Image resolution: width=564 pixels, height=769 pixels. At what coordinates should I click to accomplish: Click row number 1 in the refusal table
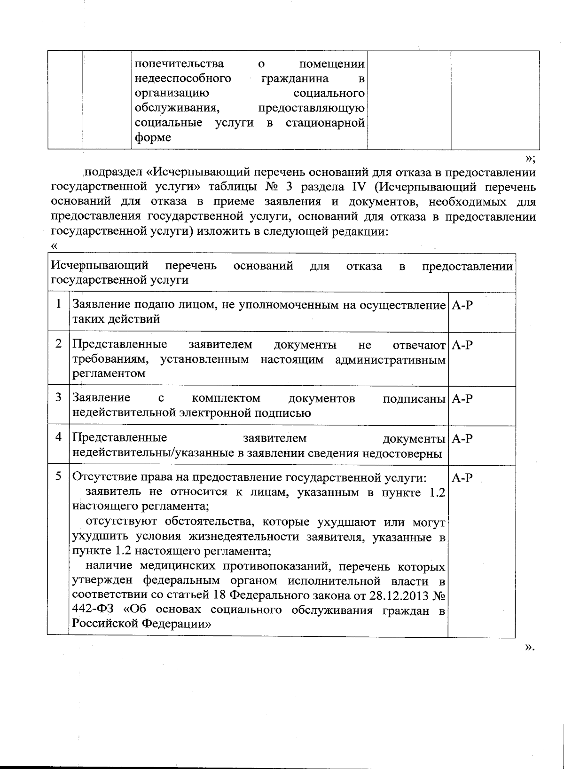point(58,304)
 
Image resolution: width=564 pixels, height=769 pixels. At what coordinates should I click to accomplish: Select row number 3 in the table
point(58,397)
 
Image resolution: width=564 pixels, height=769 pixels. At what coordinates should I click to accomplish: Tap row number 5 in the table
point(58,476)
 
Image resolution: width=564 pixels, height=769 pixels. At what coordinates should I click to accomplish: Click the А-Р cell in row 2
point(462,345)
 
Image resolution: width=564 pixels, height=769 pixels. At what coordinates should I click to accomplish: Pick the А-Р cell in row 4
point(462,438)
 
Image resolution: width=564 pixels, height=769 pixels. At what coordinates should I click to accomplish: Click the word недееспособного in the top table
point(183,78)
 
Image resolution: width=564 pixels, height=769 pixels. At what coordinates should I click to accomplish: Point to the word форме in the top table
point(153,137)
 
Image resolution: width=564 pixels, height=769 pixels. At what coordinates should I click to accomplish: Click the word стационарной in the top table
point(325,123)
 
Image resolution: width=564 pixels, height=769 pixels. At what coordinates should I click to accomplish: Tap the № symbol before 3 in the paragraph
point(273,187)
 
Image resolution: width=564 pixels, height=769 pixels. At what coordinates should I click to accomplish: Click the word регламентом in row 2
point(109,373)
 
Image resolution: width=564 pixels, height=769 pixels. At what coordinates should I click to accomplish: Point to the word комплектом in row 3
point(226,398)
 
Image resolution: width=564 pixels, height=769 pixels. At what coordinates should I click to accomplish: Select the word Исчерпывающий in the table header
point(100,266)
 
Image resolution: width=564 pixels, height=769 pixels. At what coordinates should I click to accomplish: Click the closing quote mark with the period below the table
point(530,648)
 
